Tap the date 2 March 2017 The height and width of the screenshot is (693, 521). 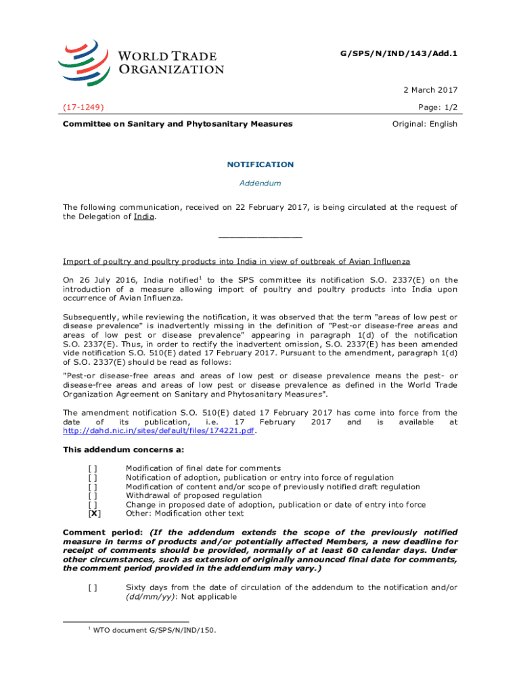pyautogui.click(x=431, y=90)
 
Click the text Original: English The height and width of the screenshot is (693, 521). pyautogui.click(x=425, y=124)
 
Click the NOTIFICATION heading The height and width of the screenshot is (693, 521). pyautogui.click(x=260, y=164)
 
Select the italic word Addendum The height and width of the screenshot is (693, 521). pyautogui.click(x=260, y=183)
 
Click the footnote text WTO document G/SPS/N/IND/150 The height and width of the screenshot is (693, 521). pyautogui.click(x=154, y=631)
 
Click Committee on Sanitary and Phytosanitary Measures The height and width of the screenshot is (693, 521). pyautogui.click(x=177, y=124)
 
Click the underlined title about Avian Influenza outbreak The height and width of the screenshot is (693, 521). pyautogui.click(x=236, y=262)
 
